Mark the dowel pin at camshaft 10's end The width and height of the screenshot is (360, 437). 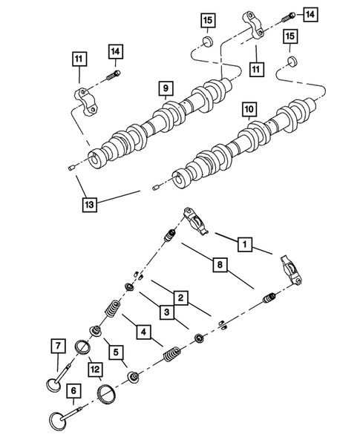point(154,188)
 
